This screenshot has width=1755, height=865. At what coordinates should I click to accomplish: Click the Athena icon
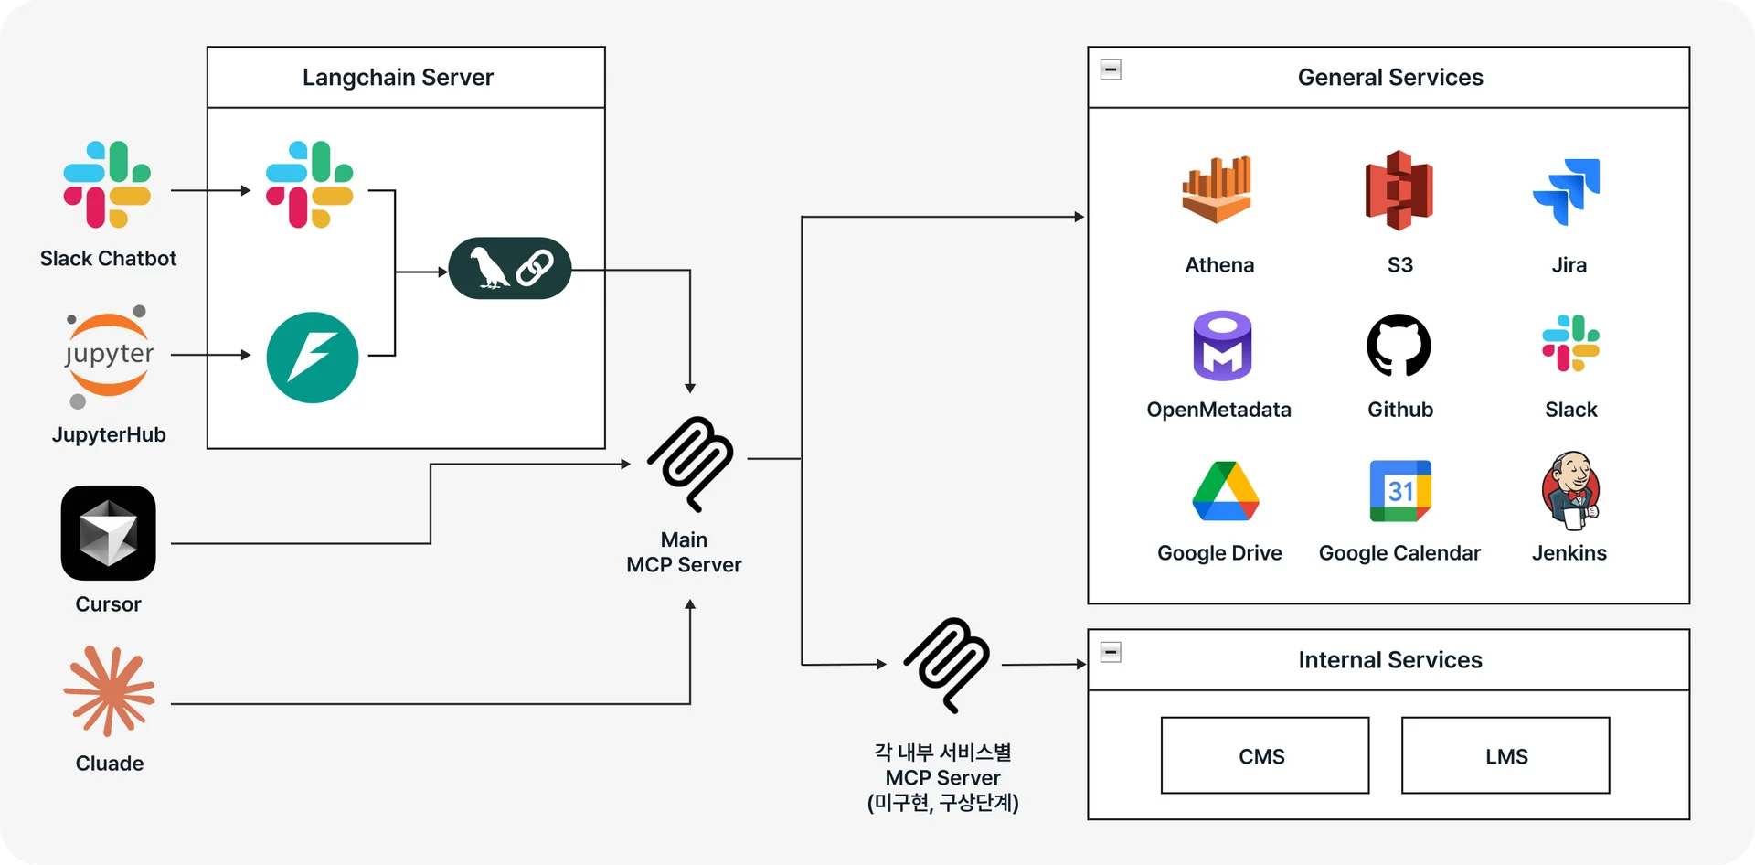(x=1217, y=190)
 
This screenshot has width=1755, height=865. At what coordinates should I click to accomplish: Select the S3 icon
(x=1399, y=190)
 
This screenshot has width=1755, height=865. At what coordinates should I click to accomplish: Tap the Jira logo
(x=1567, y=191)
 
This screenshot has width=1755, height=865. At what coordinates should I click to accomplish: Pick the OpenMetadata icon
(x=1222, y=347)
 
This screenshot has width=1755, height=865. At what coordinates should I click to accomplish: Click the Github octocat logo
(x=1399, y=346)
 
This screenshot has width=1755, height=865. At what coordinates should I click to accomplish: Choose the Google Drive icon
(x=1226, y=491)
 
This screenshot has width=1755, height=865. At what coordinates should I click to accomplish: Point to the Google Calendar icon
(x=1400, y=491)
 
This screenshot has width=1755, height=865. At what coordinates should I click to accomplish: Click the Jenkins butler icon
(x=1570, y=490)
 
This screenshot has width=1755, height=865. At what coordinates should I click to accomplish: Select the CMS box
(x=1264, y=755)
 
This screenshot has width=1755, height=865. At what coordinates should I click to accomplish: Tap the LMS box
(x=1505, y=755)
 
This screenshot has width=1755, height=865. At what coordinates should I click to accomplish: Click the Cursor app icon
(x=109, y=533)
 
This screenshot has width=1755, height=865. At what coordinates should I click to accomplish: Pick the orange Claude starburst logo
(x=110, y=691)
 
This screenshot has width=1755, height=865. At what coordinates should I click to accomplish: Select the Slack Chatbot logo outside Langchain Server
(x=107, y=185)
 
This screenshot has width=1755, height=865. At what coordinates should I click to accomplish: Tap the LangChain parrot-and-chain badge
(x=510, y=269)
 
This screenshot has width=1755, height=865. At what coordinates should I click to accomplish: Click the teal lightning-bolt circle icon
(x=313, y=358)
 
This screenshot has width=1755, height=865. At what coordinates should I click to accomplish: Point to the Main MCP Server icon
(x=690, y=464)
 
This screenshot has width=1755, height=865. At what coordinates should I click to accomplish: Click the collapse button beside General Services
(x=1111, y=69)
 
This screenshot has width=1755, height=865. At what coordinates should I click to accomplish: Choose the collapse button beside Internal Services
(x=1111, y=652)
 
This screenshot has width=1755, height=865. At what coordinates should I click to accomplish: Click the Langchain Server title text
(x=398, y=78)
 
